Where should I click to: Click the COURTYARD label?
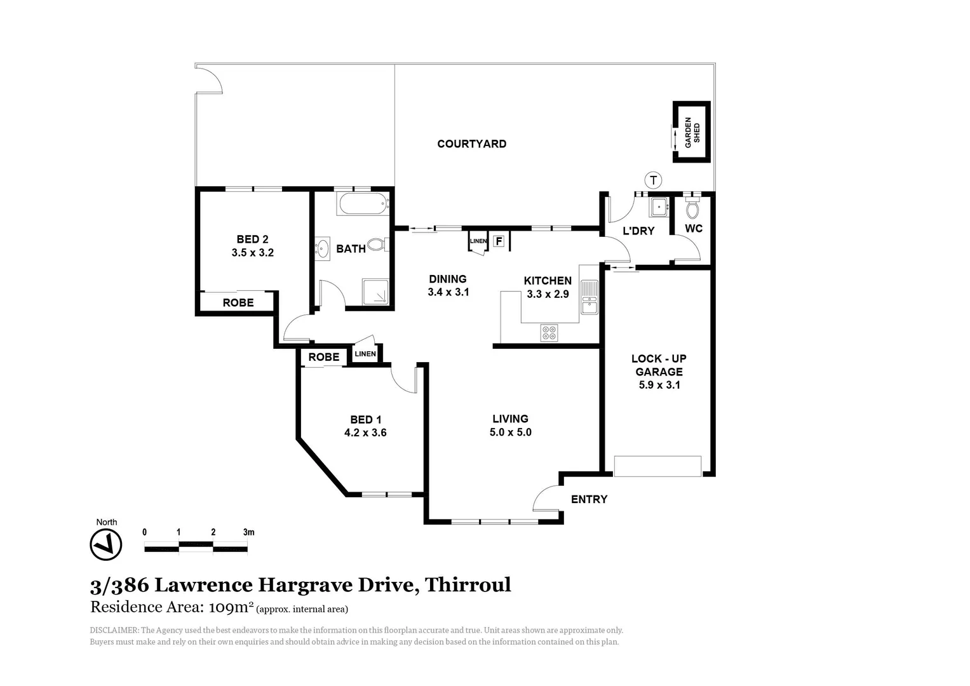(x=471, y=144)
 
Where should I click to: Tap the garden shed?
(x=691, y=132)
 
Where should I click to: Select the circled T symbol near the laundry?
(x=652, y=180)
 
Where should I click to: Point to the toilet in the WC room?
(x=692, y=208)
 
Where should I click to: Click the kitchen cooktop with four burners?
(x=549, y=332)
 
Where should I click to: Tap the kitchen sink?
(x=589, y=297)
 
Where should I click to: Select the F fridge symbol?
(x=499, y=241)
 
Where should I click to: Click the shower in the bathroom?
(x=378, y=292)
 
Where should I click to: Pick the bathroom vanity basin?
(x=322, y=248)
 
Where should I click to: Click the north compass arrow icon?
(x=106, y=544)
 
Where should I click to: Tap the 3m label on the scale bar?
(x=248, y=532)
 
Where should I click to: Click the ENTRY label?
(x=589, y=499)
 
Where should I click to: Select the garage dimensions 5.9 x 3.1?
(x=659, y=385)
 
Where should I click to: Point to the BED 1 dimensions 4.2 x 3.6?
(x=365, y=433)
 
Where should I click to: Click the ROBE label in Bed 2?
(x=238, y=303)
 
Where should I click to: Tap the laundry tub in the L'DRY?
(x=658, y=207)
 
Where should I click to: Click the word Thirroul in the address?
(x=468, y=584)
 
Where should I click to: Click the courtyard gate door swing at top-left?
(x=210, y=79)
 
